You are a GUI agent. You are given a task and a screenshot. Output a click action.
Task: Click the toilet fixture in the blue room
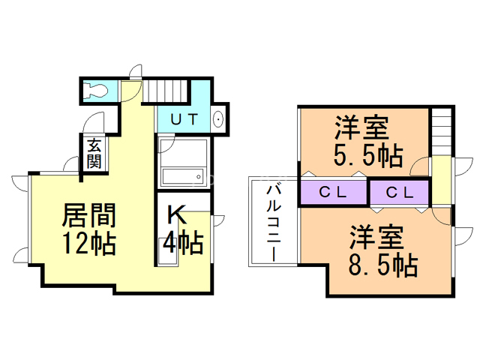coord(96,90)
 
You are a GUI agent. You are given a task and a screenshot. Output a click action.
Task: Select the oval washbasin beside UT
coord(218,119)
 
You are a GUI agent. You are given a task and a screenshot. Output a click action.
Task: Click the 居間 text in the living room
coord(88,217)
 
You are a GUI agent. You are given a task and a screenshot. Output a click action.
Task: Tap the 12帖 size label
coord(88,243)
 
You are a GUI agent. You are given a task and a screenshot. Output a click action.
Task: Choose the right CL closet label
coord(399,193)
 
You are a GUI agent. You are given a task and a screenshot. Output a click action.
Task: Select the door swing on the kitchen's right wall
coord(217,220)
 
